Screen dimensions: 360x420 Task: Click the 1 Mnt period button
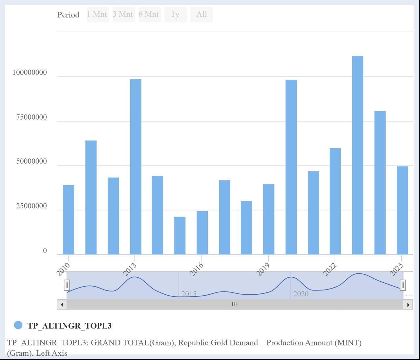click(98, 15)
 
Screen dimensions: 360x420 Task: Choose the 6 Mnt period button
click(149, 15)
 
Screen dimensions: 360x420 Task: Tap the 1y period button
click(176, 15)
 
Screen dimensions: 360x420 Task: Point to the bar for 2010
click(69, 220)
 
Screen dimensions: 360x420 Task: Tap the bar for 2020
click(291, 167)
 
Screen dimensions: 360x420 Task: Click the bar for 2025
click(402, 210)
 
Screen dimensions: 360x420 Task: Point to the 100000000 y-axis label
click(30, 72)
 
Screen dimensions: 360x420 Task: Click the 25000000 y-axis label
click(31, 206)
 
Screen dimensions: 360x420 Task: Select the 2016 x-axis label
click(197, 270)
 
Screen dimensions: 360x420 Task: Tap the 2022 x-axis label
click(330, 270)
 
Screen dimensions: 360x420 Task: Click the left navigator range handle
click(67, 285)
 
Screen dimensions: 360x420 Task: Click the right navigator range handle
click(403, 285)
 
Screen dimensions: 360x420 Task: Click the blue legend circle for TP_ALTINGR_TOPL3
click(18, 325)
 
